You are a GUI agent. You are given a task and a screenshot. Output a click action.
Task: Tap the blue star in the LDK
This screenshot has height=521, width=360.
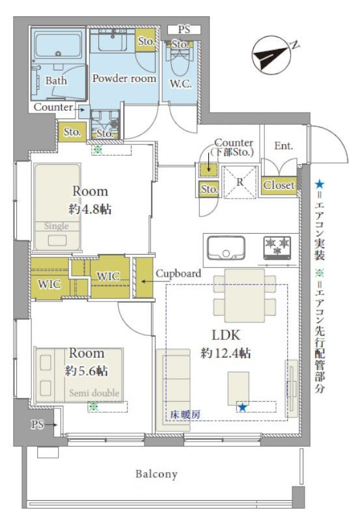click(242, 407)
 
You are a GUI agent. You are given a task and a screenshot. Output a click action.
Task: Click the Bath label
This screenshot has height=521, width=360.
click(56, 81)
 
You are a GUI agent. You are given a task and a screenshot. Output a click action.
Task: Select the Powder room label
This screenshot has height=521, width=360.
click(124, 78)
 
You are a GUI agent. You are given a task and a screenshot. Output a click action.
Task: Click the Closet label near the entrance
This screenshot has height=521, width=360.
click(279, 186)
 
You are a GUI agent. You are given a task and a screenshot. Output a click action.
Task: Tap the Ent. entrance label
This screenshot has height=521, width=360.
click(283, 146)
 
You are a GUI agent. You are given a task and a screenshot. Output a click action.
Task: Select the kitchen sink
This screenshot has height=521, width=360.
click(225, 247)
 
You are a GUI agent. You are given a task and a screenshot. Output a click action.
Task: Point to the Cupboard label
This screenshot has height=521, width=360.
click(178, 274)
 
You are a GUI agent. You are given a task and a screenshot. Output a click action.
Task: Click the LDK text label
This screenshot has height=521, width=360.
click(226, 335)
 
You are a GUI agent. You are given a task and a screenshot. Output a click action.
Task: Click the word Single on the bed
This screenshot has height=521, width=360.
click(56, 227)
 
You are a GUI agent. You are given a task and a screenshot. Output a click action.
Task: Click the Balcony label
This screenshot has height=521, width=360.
click(156, 474)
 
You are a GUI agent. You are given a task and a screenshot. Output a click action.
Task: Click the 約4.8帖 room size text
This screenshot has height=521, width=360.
click(89, 209)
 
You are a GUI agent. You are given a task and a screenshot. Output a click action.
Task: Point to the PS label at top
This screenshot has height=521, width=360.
click(184, 29)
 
